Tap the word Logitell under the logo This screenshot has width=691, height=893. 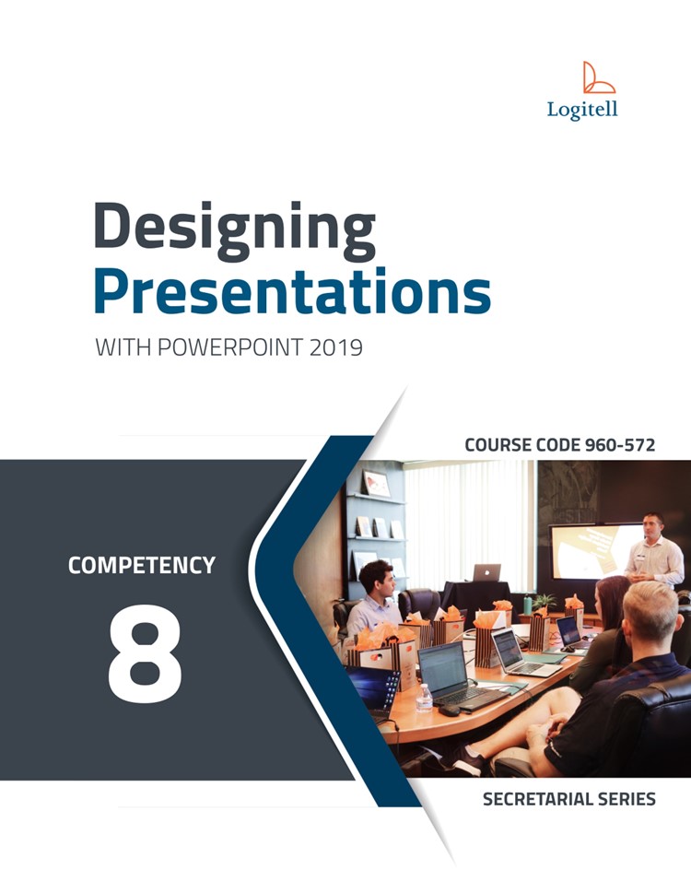[582, 110]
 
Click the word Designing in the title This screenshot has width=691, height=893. [235, 229]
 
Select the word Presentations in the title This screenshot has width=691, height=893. [292, 291]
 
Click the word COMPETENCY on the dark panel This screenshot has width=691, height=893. [142, 566]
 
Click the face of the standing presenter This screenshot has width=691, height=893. [653, 527]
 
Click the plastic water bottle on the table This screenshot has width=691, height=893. [424, 698]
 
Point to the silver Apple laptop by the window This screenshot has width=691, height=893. [486, 572]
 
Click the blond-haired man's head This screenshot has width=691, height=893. [650, 613]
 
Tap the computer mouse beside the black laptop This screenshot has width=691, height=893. [449, 711]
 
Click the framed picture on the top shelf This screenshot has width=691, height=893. [376, 484]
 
